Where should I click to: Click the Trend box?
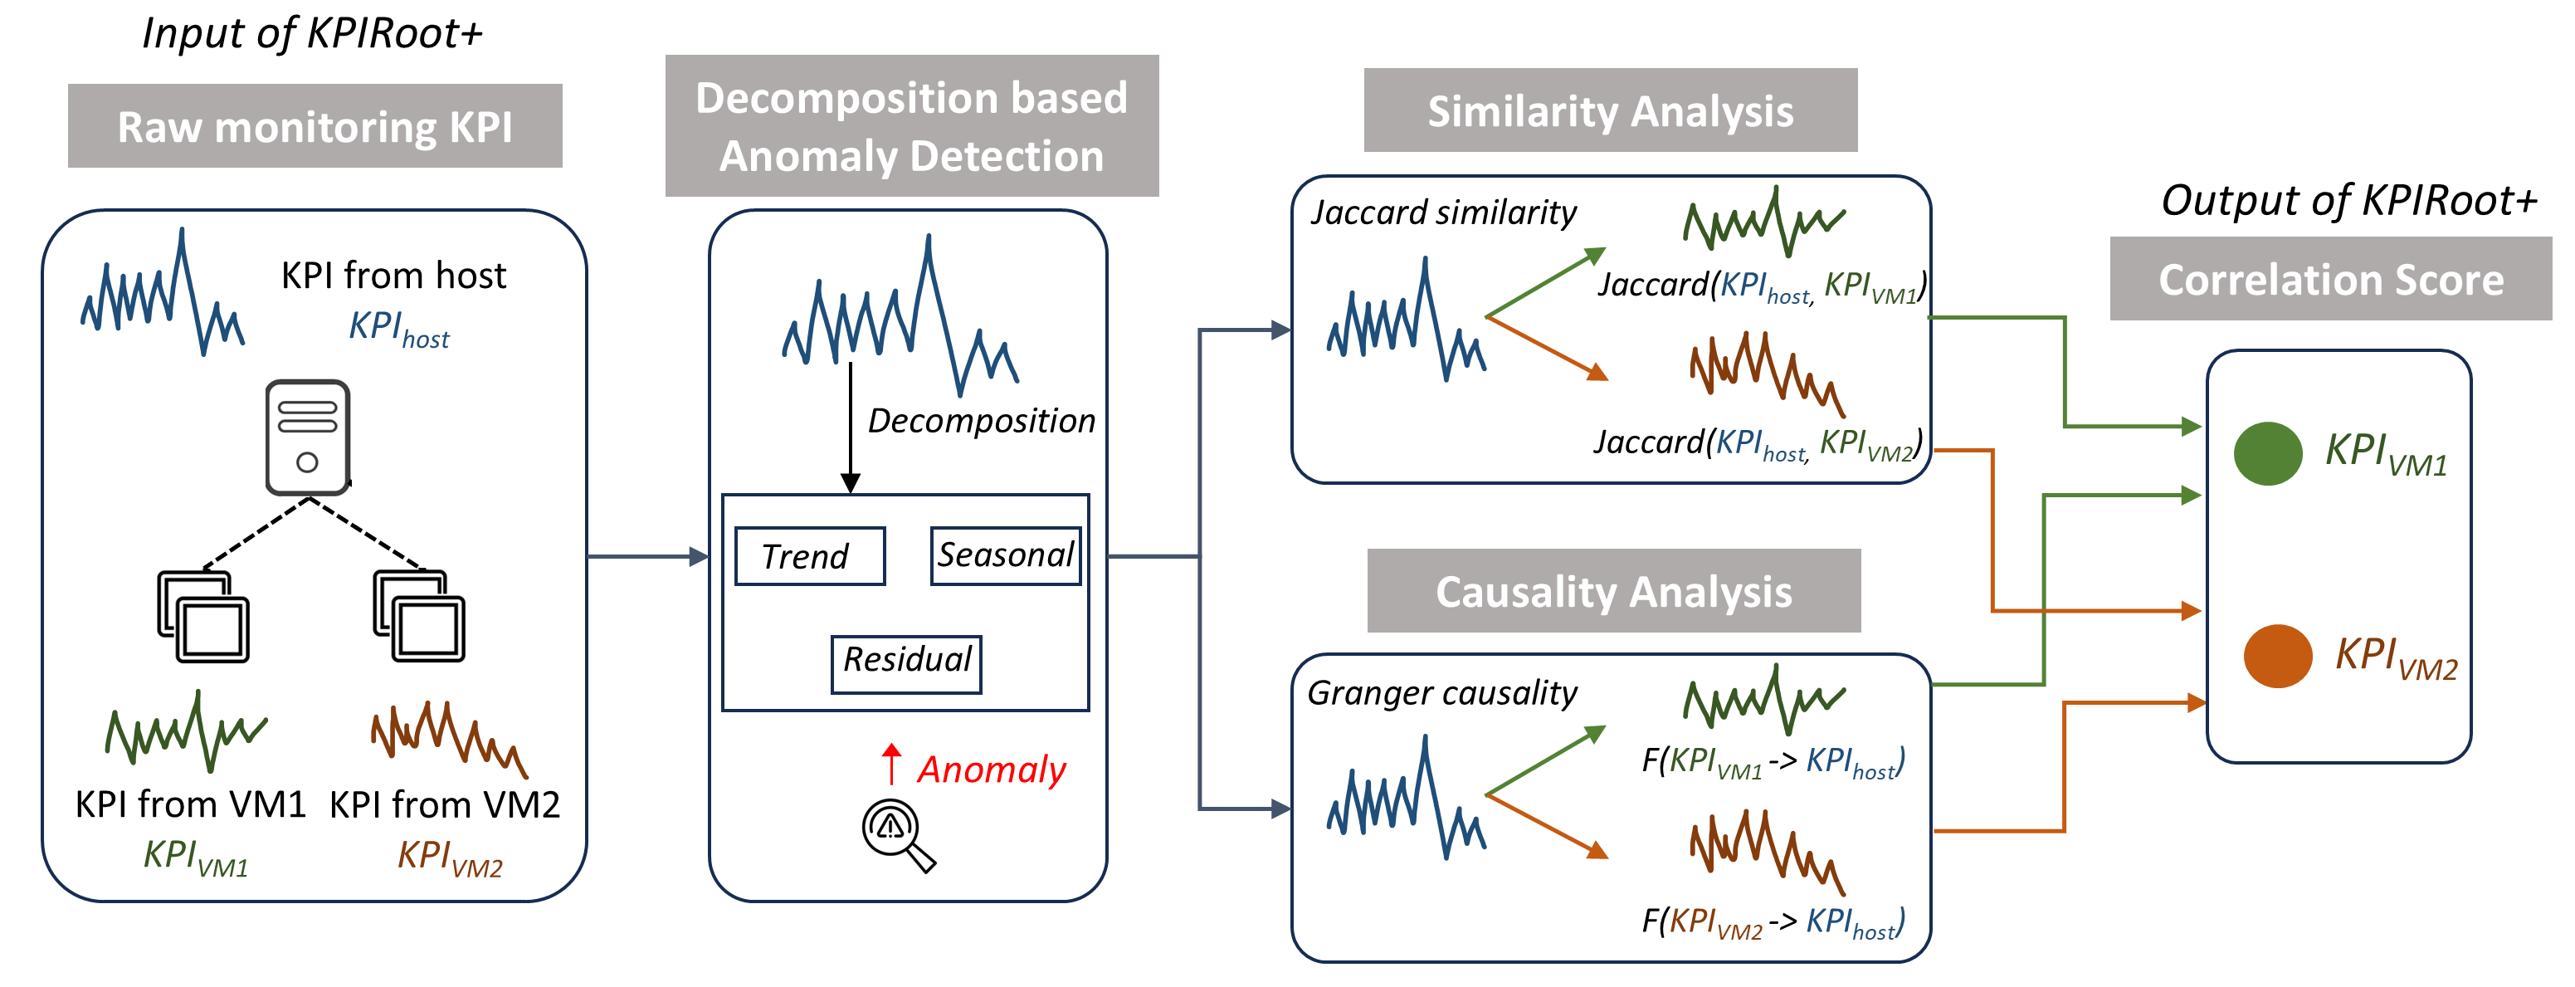pyautogui.click(x=809, y=556)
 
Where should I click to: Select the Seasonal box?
pyautogui.click(x=1005, y=555)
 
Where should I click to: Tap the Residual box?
pyautogui.click(x=905, y=662)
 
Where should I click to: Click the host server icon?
pyautogui.click(x=308, y=437)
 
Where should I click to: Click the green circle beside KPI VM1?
pyautogui.click(x=2267, y=454)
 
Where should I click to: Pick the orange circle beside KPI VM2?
pyautogui.click(x=2276, y=656)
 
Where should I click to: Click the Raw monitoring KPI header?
pyautogui.click(x=315, y=126)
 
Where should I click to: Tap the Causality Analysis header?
pyautogui.click(x=1613, y=591)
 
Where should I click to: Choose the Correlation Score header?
pyautogui.click(x=2330, y=279)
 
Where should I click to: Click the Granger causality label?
pyautogui.click(x=1441, y=692)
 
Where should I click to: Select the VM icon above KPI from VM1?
pyautogui.click(x=204, y=616)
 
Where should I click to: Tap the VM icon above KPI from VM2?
pyautogui.click(x=419, y=616)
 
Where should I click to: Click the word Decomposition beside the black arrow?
pyautogui.click(x=981, y=420)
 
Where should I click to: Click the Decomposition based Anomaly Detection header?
pyautogui.click(x=912, y=126)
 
